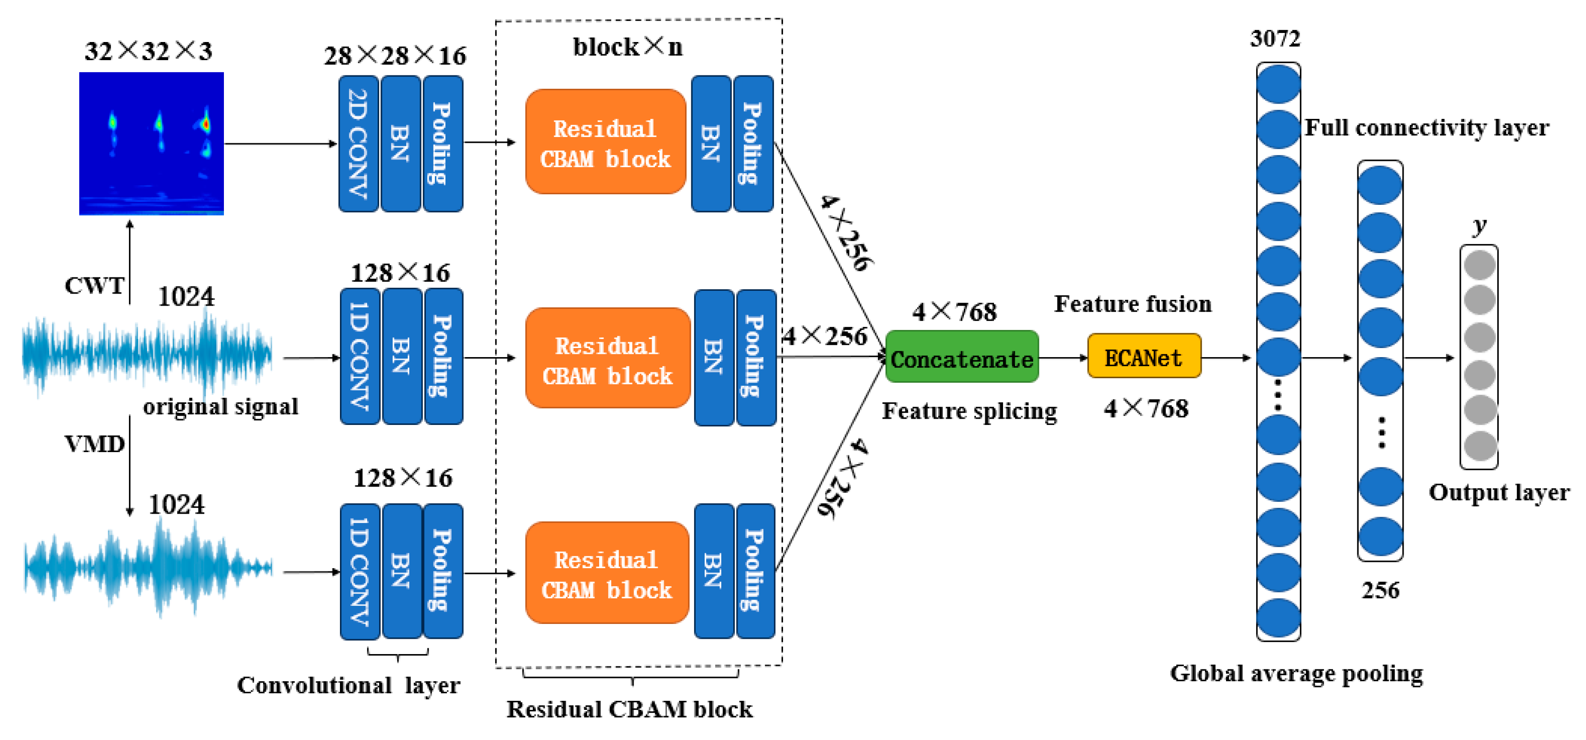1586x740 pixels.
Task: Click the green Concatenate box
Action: click(x=962, y=357)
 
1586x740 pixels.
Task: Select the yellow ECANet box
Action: click(x=1143, y=357)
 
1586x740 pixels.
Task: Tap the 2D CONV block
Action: click(x=359, y=143)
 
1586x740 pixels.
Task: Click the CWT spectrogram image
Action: click(x=151, y=143)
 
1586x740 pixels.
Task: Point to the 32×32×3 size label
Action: click(x=148, y=51)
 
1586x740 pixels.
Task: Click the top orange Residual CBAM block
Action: click(x=605, y=142)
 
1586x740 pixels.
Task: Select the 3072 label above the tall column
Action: click(x=1275, y=39)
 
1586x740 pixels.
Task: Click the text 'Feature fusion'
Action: click(x=1132, y=304)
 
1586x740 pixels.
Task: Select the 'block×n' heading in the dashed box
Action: click(x=627, y=47)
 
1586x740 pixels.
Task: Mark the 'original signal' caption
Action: click(x=221, y=407)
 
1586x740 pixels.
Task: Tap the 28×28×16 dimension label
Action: click(x=395, y=56)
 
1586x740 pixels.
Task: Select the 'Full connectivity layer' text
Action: click(x=1426, y=128)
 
